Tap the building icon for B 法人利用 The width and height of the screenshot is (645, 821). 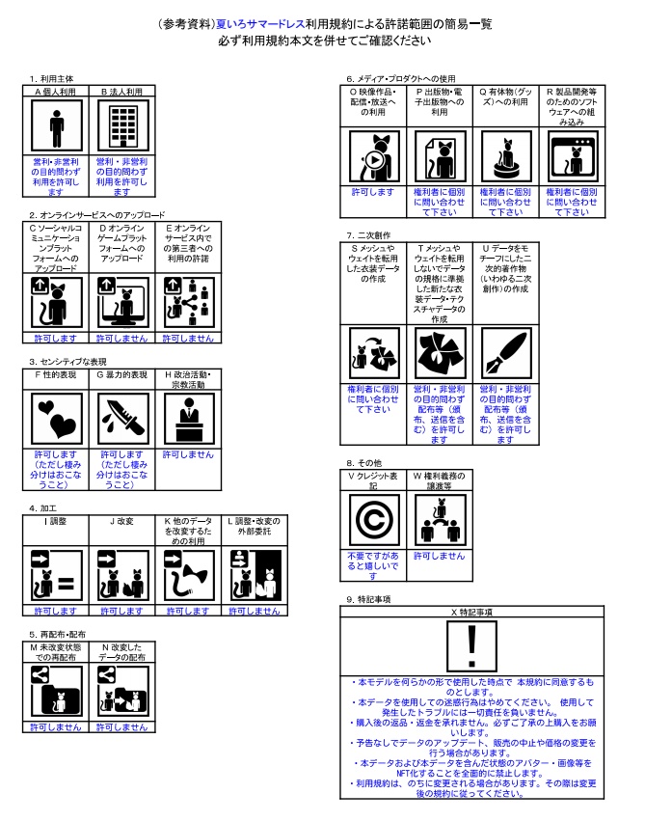click(121, 125)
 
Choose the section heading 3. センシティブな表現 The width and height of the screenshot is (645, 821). click(69, 363)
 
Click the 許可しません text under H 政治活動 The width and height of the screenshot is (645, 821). click(187, 453)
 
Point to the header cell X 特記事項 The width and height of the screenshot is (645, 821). click(472, 612)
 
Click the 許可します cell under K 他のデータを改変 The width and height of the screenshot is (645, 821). click(187, 611)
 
